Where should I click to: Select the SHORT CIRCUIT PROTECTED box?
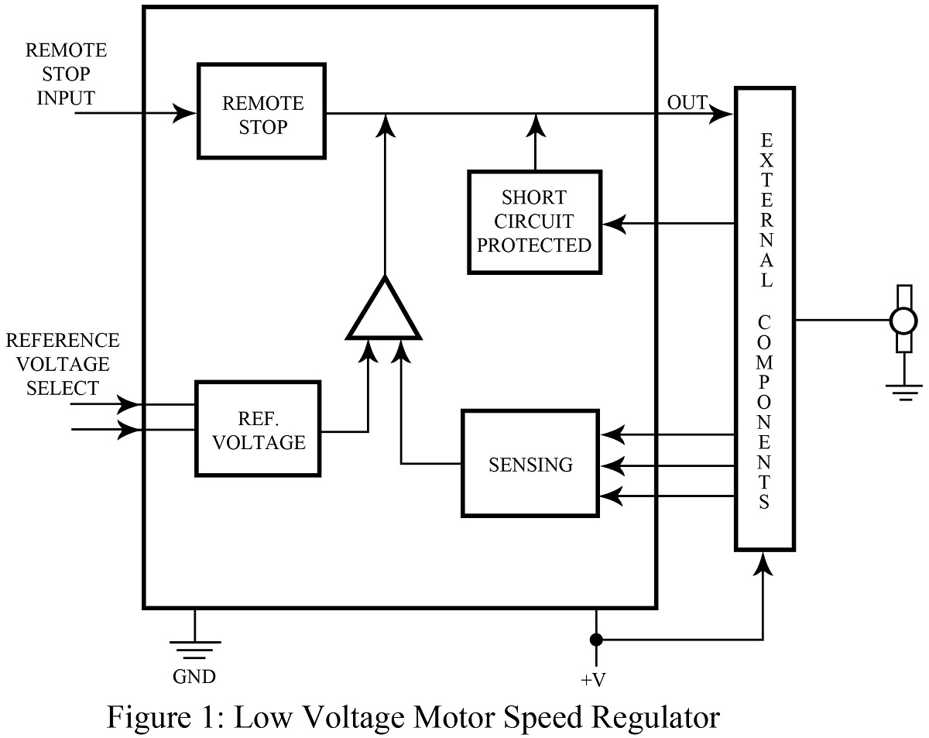coord(534,221)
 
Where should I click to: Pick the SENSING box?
coord(531,464)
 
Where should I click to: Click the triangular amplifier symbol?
coord(384,311)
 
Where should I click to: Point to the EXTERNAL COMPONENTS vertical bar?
coord(765,318)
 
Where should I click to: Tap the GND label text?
coord(194,676)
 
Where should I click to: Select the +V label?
coord(595,681)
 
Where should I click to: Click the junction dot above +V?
coord(595,640)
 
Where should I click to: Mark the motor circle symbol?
coord(902,319)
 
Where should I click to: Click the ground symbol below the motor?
coord(903,392)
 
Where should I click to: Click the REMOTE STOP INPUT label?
coord(66,74)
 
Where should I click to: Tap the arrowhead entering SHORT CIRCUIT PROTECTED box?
coord(614,225)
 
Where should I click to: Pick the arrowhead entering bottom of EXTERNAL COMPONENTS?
coord(765,561)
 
